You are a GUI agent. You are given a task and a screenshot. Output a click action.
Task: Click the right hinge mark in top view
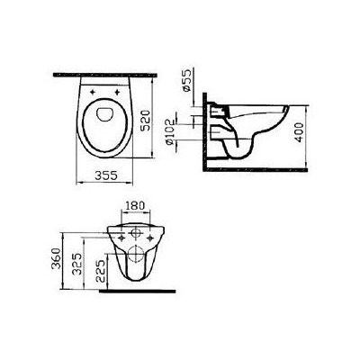[x=125, y=89]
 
